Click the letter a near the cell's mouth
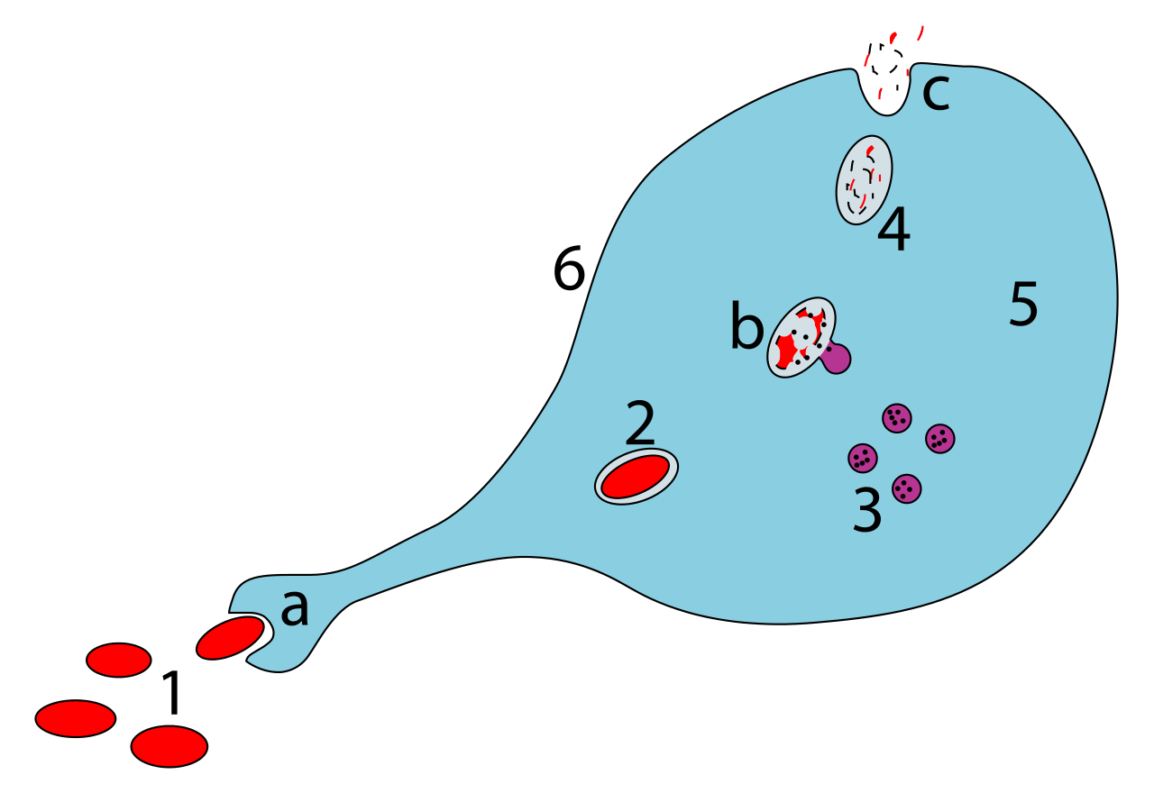[295, 610]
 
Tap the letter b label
[746, 328]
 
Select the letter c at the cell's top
[936, 93]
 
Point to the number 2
[640, 424]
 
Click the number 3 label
[867, 512]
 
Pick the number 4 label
[893, 231]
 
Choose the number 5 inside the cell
[1023, 305]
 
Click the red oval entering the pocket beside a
[230, 638]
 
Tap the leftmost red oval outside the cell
[76, 718]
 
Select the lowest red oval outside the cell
[169, 746]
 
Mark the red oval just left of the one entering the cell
[119, 660]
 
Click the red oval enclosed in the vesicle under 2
[636, 476]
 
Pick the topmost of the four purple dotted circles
[896, 418]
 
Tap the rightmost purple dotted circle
[939, 439]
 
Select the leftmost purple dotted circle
[863, 458]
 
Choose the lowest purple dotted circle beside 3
[906, 488]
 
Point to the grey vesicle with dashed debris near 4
[864, 179]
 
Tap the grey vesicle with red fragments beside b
[799, 337]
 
